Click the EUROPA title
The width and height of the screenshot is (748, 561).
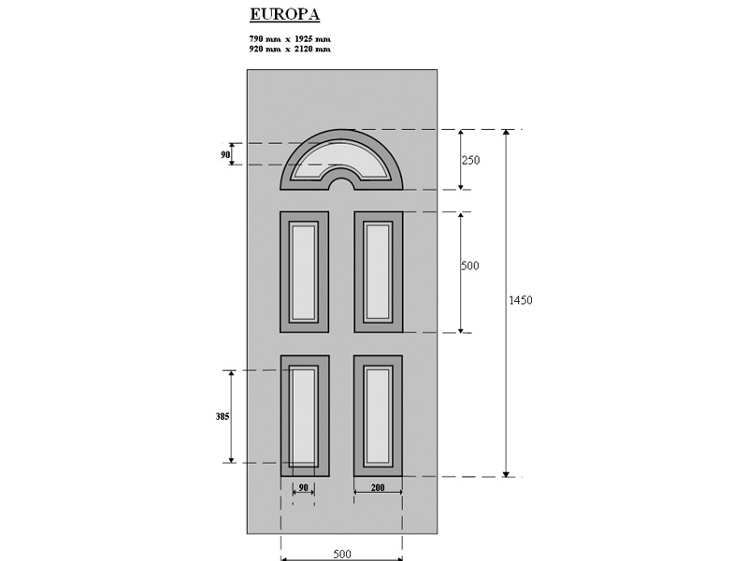(x=285, y=14)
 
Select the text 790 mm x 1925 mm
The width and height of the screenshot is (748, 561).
(x=290, y=38)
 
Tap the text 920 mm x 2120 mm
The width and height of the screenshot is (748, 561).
(x=290, y=49)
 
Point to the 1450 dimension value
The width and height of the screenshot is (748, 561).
(x=521, y=300)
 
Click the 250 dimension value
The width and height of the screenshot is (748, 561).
(x=470, y=160)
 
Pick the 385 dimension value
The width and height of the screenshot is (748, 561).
(x=223, y=416)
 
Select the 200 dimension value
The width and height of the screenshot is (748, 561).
(x=378, y=487)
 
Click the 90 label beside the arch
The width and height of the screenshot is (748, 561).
(x=225, y=154)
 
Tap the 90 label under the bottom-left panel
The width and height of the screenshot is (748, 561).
(x=303, y=487)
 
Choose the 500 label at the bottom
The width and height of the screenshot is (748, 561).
(x=342, y=554)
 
